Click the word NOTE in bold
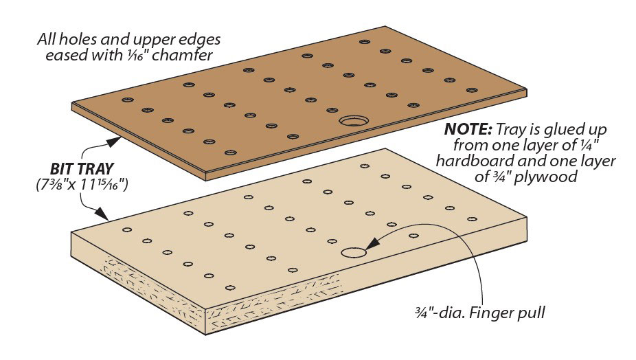[x=467, y=129]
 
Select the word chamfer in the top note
[x=175, y=56]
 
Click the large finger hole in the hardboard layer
[x=354, y=122]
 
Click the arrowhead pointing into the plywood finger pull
[x=371, y=243]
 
